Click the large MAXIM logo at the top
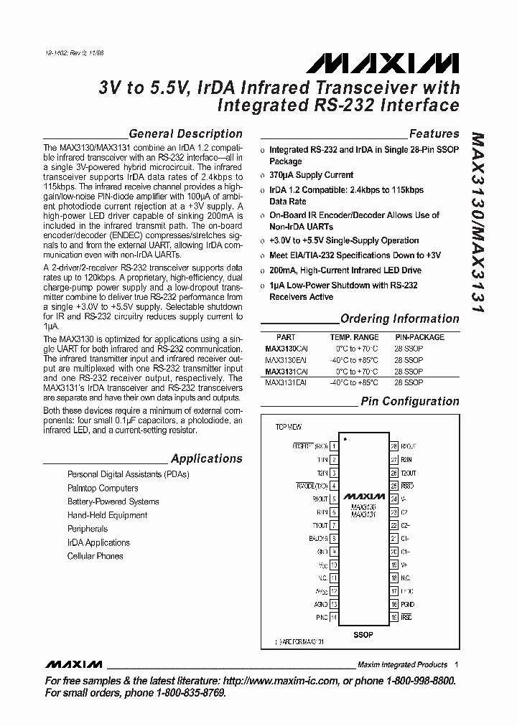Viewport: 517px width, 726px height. click(x=382, y=64)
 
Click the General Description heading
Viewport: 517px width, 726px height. click(x=185, y=133)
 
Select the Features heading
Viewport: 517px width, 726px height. click(x=434, y=133)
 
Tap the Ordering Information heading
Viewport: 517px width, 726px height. click(x=399, y=319)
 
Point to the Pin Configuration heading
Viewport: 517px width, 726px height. click(x=409, y=402)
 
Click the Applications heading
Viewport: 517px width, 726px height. click(x=206, y=458)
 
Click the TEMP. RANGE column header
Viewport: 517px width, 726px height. click(x=354, y=337)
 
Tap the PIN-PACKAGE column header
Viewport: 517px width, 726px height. click(x=419, y=337)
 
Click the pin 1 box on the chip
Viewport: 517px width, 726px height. click(x=334, y=446)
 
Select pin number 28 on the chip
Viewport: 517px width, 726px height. click(x=393, y=446)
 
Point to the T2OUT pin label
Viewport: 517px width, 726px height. click(x=409, y=473)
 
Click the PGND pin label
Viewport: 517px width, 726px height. click(x=407, y=604)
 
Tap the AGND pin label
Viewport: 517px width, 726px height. click(x=320, y=604)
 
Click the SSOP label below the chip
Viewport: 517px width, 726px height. click(x=363, y=635)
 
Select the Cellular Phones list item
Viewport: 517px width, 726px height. click(x=95, y=556)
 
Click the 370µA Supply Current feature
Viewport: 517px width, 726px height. click(x=311, y=175)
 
